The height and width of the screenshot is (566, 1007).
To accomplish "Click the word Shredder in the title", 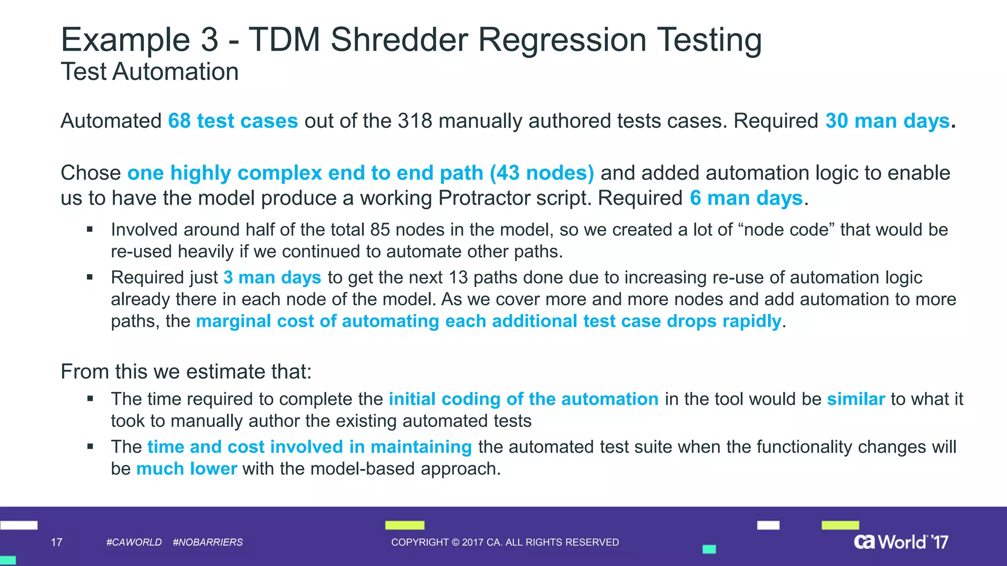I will tap(399, 39).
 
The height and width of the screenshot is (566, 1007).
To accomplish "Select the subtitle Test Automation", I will tap(149, 72).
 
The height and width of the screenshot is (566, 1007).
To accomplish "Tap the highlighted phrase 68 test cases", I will tap(233, 121).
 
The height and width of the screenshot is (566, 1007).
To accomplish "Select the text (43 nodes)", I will tap(542, 173).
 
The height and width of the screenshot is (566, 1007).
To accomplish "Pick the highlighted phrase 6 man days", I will tap(746, 198).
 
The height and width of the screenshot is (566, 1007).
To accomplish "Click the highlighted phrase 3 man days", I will tap(272, 278).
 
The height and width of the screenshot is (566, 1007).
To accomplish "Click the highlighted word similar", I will tap(856, 399).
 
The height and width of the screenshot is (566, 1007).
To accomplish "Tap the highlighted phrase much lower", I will tap(186, 469).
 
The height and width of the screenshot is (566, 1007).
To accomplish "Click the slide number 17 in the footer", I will tap(57, 542).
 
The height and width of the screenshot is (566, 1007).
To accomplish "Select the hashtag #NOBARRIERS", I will tap(208, 542).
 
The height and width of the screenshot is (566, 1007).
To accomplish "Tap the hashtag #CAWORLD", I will tap(134, 542).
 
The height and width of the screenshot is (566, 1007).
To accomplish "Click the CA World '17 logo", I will tap(901, 541).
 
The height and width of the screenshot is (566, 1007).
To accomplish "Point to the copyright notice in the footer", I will tap(505, 542).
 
